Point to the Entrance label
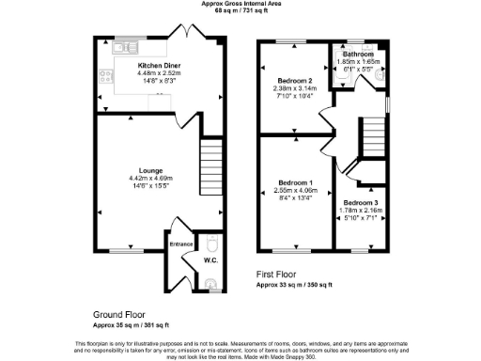tap(180, 244)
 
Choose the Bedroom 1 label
tap(295, 181)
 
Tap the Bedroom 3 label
tap(359, 203)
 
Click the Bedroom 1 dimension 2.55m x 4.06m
tap(295, 190)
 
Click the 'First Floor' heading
tap(277, 275)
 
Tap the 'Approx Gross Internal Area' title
tap(240, 3)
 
